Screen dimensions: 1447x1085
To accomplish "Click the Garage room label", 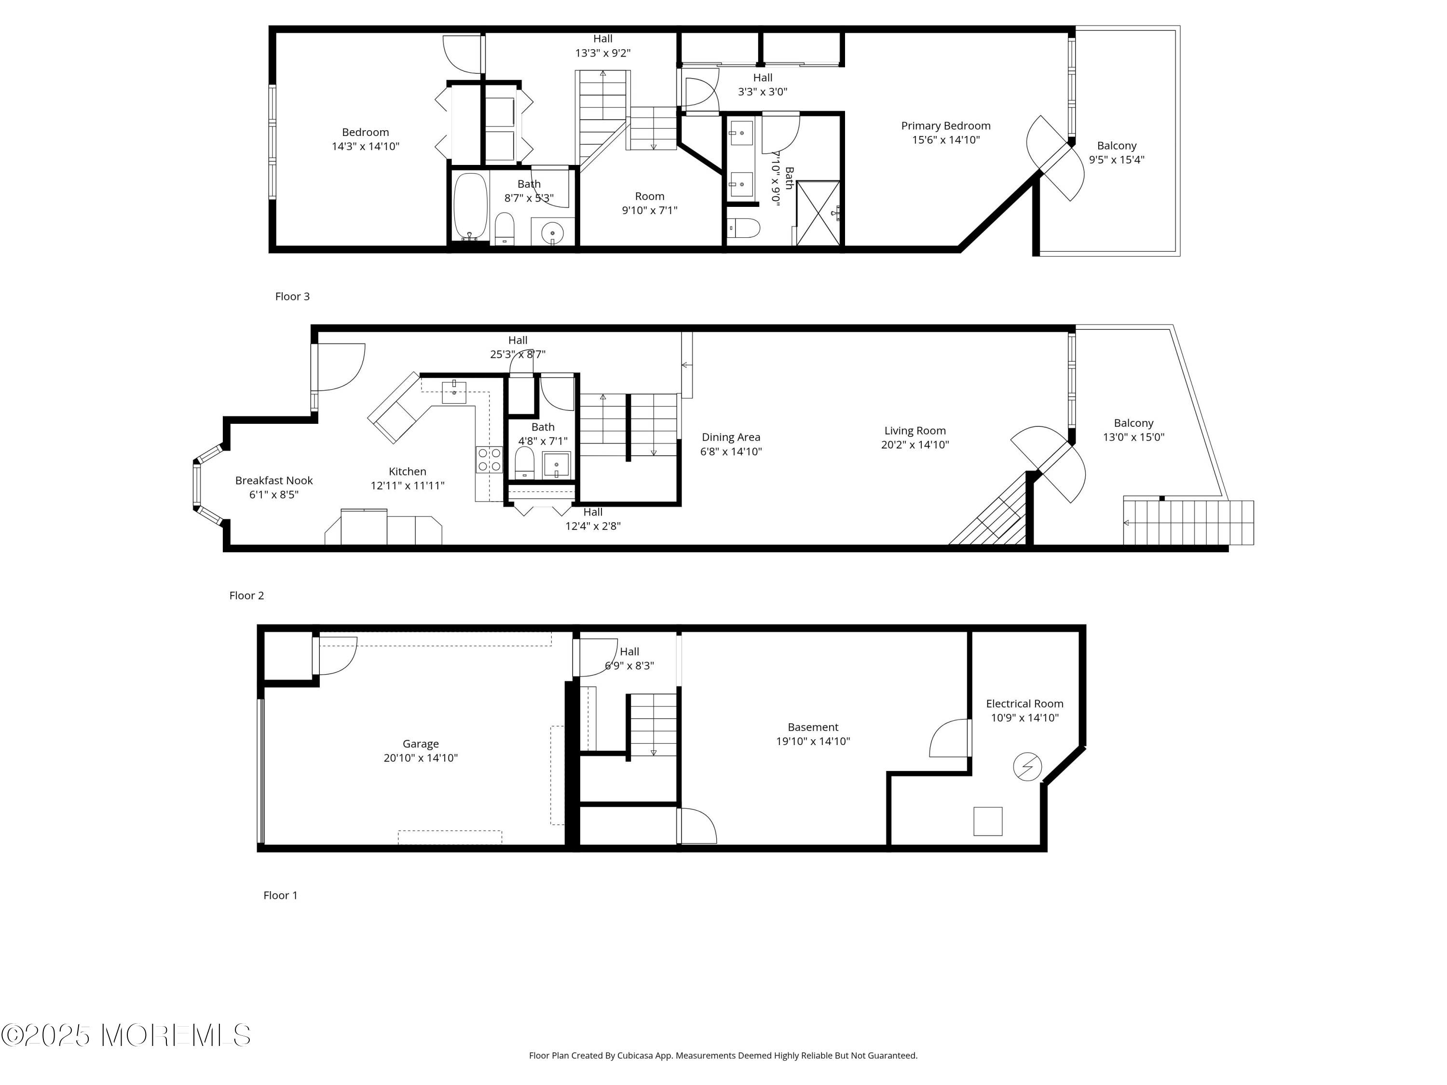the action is (x=421, y=751).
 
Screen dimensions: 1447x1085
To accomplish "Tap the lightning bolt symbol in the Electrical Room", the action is (x=1027, y=767).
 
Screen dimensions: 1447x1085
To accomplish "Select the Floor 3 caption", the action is (x=292, y=296).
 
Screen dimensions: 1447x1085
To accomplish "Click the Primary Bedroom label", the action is (x=946, y=133).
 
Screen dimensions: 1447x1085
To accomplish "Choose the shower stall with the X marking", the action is (x=818, y=213).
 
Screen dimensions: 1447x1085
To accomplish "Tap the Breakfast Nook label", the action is (x=274, y=487).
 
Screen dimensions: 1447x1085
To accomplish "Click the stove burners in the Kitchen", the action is (x=489, y=459).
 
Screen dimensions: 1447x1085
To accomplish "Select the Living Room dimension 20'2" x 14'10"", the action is (x=915, y=445).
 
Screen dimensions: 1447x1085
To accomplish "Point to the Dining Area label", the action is (x=731, y=444).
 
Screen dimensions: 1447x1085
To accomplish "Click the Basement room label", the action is (x=813, y=734).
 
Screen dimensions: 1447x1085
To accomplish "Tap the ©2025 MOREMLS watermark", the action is (x=125, y=1035).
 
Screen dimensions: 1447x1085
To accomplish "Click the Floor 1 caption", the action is (x=281, y=895).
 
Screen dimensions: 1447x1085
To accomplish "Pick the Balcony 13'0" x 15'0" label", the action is (x=1133, y=430).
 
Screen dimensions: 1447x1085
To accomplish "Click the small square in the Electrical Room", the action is (x=988, y=821).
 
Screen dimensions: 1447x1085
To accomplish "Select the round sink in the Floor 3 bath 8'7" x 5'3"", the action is (x=553, y=232).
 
